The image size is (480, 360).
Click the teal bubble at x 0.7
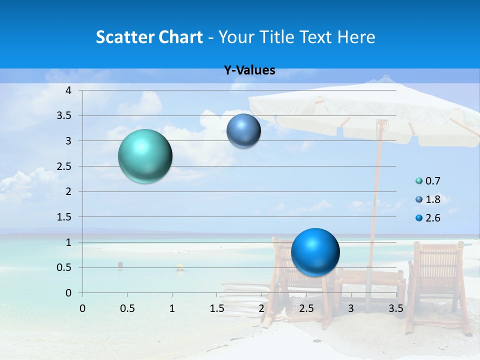145,156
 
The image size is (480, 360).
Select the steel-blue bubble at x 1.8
243,131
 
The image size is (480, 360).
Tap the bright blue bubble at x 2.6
315,252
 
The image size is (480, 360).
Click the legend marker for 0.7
419,181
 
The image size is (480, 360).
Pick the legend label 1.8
432,199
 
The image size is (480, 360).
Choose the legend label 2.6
432,218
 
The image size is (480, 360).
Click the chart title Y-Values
249,70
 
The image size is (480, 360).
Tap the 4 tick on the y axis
69,90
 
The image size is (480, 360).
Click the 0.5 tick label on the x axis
127,308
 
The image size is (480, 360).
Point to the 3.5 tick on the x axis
396,308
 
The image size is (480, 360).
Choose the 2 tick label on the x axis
261,308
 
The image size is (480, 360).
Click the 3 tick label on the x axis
351,308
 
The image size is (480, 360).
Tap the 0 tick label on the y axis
69,293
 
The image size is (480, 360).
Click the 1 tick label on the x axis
172,308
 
